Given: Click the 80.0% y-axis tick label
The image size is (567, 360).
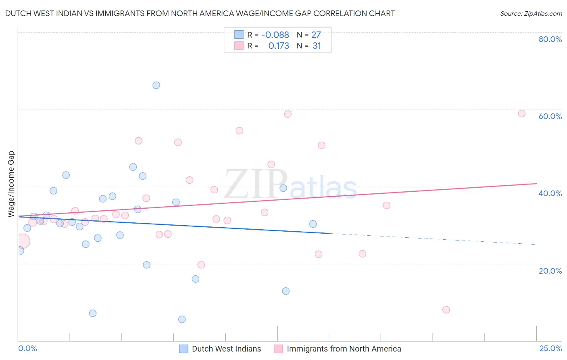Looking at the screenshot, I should tap(550, 39).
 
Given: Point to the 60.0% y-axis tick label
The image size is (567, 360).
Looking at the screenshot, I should tap(550, 116).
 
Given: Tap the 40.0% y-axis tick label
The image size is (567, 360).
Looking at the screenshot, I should tap(550, 193).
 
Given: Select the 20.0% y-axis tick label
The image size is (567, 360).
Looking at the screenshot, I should tap(550, 271).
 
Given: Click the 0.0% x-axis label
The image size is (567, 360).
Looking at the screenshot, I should tap(27, 348).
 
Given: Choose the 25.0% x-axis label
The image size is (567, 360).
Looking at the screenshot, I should tap(550, 348).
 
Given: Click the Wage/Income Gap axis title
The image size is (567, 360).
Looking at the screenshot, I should tap(11, 184).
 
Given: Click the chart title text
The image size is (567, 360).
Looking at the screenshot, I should tap(200, 13).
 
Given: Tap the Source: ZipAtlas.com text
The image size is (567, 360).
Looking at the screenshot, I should tap(531, 13).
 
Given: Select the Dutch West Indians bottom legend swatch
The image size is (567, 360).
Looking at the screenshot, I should tap(183, 349).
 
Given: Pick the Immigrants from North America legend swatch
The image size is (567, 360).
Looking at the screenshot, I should tap(278, 349).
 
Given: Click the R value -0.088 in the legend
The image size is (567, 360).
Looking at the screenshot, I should tap(275, 35).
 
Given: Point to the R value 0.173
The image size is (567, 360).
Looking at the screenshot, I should tap(279, 46).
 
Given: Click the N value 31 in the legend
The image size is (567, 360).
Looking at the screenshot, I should tap(317, 46).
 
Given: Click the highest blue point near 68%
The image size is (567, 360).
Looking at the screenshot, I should tap(156, 85).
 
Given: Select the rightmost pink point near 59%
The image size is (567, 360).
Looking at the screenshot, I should tap(521, 113).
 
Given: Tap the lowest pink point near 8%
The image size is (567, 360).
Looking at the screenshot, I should tap(446, 310).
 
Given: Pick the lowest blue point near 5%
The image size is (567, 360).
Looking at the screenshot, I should tap(182, 319).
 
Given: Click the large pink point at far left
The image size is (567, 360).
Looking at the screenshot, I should tap(23, 241).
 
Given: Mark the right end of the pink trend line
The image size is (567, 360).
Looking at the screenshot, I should tap(536, 184).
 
